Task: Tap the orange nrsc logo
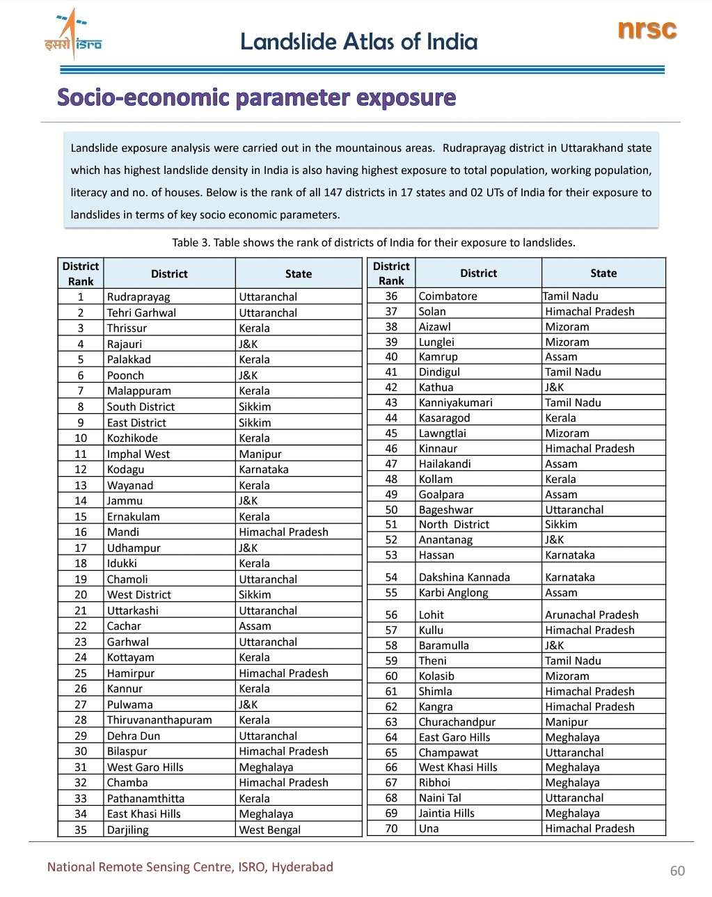coord(647,29)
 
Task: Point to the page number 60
coord(677,871)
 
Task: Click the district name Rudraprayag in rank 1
coord(139,297)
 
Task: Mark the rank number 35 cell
coord(81,830)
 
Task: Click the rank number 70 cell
coord(391,829)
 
